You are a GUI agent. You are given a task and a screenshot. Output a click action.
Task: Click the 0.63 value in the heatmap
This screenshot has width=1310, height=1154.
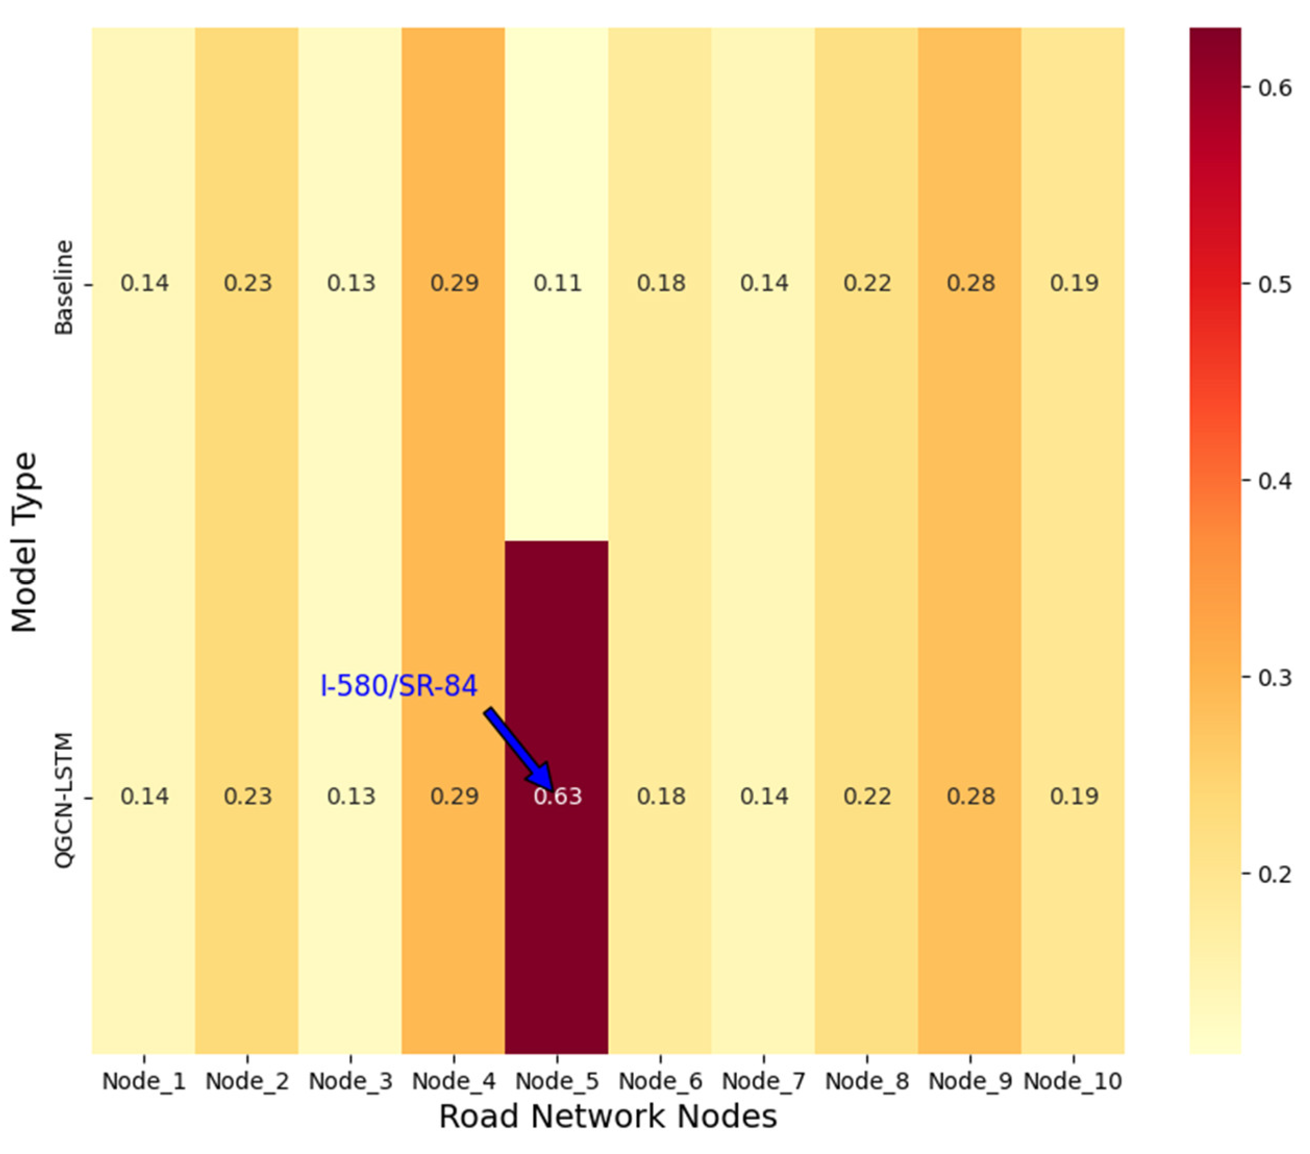[x=557, y=796]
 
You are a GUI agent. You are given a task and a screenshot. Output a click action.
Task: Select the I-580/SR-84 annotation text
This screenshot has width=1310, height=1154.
[x=398, y=686]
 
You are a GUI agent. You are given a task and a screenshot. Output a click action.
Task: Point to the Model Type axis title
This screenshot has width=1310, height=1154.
[x=26, y=542]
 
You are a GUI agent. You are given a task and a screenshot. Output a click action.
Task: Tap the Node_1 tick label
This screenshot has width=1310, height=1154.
[x=144, y=1082]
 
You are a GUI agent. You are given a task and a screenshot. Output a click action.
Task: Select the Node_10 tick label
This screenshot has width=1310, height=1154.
[x=1073, y=1082]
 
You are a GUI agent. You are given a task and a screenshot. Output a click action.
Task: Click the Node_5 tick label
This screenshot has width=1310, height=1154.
[x=557, y=1082]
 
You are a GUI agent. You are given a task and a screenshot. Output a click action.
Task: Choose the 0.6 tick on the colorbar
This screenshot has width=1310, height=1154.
[x=1274, y=88]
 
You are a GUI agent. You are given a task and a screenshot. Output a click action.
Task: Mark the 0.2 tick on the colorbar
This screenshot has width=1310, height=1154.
[x=1274, y=874]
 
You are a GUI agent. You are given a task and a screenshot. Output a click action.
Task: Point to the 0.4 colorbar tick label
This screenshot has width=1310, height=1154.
[x=1274, y=481]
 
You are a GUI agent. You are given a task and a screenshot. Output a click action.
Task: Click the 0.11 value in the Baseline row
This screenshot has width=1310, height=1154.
[x=557, y=283]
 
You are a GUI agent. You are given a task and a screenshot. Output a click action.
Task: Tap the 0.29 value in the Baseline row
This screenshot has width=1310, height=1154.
[x=454, y=283]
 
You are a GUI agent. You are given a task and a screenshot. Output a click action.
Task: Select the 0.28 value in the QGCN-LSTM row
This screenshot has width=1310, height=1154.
[x=971, y=796]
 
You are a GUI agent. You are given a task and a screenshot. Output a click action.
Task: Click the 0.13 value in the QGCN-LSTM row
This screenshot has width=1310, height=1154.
[x=351, y=796]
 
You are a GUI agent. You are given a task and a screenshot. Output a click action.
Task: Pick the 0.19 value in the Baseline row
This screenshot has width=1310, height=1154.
[x=1074, y=283]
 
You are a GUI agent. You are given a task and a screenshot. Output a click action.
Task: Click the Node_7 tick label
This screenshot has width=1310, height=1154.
[x=763, y=1082]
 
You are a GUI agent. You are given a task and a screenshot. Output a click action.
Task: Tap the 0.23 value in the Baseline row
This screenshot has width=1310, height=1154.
[x=248, y=283]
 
